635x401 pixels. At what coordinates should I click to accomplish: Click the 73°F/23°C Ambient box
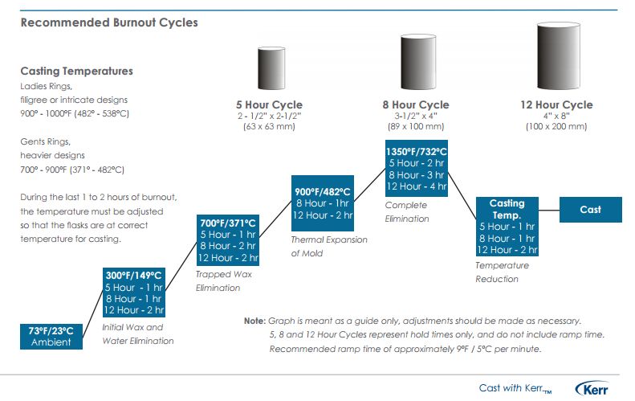pos(51,337)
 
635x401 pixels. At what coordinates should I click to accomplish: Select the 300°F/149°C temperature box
pos(134,293)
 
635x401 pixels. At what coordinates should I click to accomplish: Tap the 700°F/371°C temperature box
pos(228,240)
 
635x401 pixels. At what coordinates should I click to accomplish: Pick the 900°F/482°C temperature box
pos(323,203)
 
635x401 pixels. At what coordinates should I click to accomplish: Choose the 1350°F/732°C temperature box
pos(417,168)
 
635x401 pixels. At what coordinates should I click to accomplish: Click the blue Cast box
pos(591,210)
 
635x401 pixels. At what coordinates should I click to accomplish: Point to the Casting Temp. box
pos(507,227)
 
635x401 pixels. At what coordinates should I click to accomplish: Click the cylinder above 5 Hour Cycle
pos(271,68)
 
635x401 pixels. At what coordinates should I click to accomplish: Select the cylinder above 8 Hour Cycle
pos(418,62)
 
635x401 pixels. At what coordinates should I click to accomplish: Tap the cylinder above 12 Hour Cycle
pos(559,55)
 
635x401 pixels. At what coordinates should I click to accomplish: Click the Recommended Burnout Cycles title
pos(109,23)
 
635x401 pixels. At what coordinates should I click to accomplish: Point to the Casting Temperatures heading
pos(76,71)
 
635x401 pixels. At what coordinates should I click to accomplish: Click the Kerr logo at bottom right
pos(592,388)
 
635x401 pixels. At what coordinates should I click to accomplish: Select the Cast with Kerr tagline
pos(515,388)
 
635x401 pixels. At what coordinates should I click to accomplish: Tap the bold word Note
pos(254,321)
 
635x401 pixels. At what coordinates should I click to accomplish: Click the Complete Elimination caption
pos(407,211)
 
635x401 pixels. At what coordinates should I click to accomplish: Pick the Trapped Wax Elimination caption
pos(223,281)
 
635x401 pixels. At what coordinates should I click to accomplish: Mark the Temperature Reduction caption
pos(503,272)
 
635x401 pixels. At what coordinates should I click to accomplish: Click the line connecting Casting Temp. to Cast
pos(549,210)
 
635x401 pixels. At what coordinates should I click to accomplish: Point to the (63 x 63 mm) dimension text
pos(269,126)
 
